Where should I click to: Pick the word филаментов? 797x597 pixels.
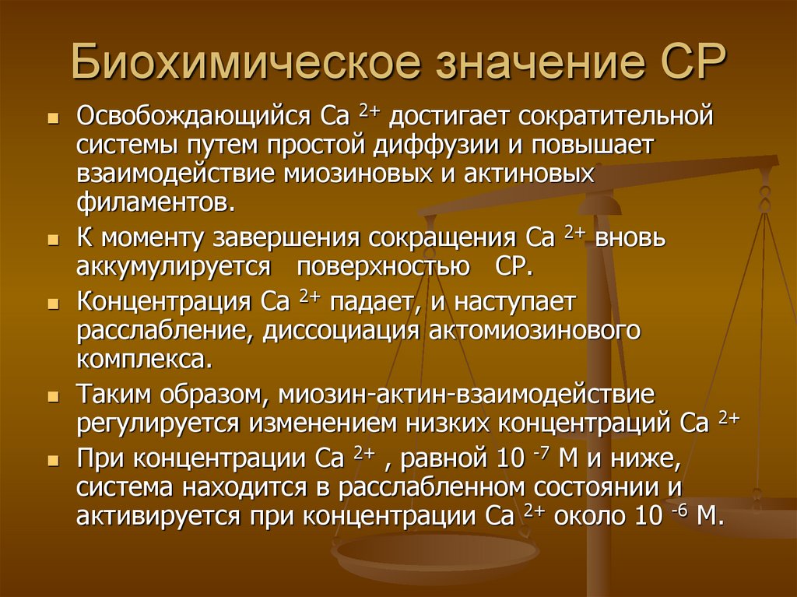tap(155, 203)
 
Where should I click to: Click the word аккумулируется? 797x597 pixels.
tap(174, 266)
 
